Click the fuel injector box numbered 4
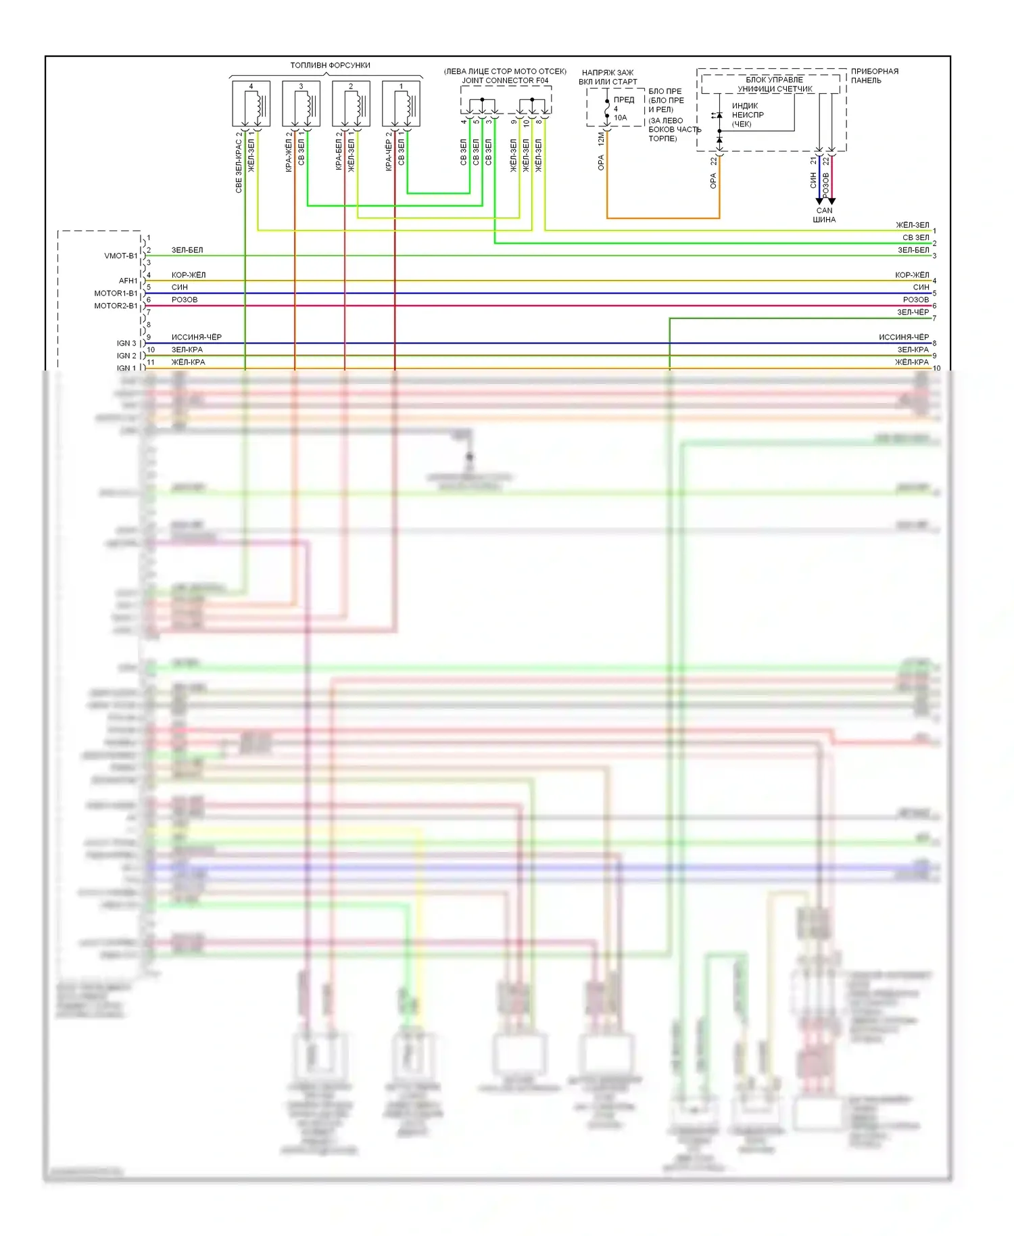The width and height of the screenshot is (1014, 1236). click(x=251, y=103)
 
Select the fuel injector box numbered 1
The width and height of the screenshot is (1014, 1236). click(x=401, y=103)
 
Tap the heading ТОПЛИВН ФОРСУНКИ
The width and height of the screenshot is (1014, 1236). click(x=330, y=66)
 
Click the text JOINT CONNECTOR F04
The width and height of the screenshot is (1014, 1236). click(x=505, y=80)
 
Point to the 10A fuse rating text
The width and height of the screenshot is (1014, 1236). click(x=620, y=118)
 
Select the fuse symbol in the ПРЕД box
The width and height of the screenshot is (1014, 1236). click(x=607, y=109)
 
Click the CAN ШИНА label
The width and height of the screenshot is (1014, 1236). click(x=824, y=215)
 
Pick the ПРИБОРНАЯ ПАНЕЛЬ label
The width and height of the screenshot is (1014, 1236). click(x=874, y=76)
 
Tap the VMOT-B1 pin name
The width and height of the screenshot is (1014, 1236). click(x=120, y=256)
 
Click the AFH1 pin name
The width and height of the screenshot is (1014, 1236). click(x=128, y=281)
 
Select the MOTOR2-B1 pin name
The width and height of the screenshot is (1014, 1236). click(x=116, y=306)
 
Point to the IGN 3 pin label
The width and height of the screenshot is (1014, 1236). click(x=126, y=343)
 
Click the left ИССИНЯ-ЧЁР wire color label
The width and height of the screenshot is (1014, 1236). click(x=196, y=337)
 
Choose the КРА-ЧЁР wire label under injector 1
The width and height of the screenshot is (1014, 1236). click(x=389, y=151)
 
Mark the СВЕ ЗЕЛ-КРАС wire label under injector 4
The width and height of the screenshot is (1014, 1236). click(x=239, y=162)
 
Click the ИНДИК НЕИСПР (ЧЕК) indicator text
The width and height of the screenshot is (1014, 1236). click(x=747, y=115)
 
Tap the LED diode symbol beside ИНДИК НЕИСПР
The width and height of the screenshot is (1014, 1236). click(x=719, y=116)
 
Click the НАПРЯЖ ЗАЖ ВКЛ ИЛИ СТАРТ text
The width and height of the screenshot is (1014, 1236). click(x=608, y=77)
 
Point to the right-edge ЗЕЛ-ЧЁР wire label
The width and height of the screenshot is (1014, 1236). click(x=913, y=312)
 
